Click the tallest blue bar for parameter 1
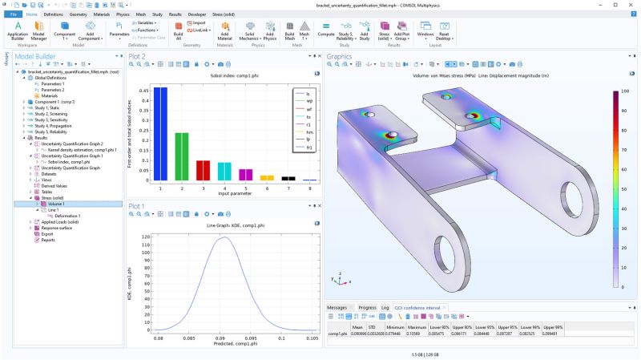(160, 133)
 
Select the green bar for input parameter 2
(182, 156)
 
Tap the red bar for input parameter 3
(203, 170)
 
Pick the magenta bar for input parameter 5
(245, 174)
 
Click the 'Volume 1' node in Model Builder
(56, 204)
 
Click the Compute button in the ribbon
(326, 34)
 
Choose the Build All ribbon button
(178, 34)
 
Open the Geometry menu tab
(79, 14)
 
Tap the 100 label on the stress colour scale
(626, 92)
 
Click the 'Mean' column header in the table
(357, 327)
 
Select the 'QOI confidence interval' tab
(417, 307)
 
